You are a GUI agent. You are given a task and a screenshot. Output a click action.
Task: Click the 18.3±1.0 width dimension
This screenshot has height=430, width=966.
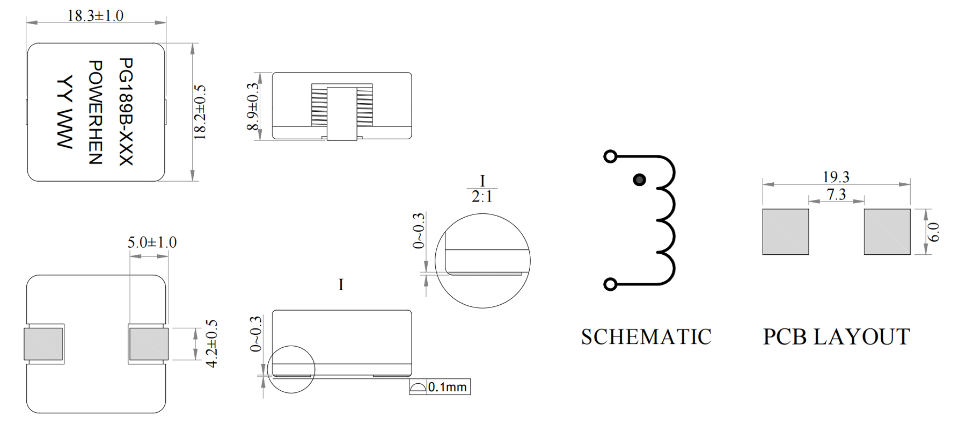click(95, 16)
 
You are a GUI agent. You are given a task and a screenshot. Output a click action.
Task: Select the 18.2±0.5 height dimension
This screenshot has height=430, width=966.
click(200, 112)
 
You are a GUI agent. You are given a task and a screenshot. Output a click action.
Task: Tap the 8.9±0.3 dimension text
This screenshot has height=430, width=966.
click(252, 106)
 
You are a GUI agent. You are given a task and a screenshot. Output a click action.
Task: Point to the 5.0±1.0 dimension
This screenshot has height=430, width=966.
click(152, 242)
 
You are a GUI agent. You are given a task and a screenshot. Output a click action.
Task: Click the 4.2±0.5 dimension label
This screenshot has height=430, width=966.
click(211, 343)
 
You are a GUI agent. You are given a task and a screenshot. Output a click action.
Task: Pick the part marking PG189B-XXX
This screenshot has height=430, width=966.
click(125, 112)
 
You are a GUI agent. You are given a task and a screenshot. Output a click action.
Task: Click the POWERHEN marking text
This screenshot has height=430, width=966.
click(94, 112)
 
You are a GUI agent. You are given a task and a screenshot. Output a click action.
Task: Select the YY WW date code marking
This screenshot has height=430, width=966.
click(64, 112)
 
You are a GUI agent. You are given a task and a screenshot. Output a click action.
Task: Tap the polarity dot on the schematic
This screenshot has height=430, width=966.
click(639, 180)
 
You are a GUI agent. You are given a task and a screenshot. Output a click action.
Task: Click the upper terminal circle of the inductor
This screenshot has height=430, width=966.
click(610, 156)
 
